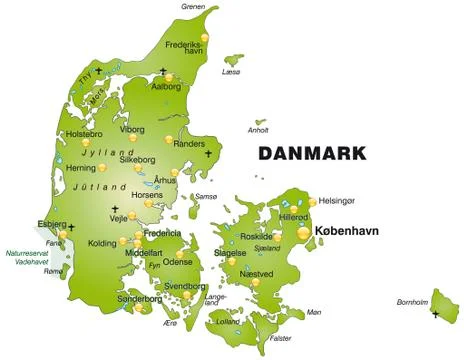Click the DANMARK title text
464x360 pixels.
(x=312, y=154)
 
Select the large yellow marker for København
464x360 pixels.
(x=305, y=233)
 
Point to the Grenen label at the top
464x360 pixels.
(x=193, y=6)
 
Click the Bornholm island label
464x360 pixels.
(x=411, y=301)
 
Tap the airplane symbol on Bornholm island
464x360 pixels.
(x=436, y=315)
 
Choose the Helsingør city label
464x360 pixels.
(x=338, y=201)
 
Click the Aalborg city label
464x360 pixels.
(x=166, y=87)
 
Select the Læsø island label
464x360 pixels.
(x=232, y=72)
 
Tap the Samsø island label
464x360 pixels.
(x=206, y=196)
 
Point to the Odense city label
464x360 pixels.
(x=177, y=261)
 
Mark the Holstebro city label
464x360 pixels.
(x=84, y=134)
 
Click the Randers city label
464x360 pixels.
(x=189, y=143)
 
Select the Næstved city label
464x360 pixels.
(x=256, y=273)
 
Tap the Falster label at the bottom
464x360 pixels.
(x=281, y=338)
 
